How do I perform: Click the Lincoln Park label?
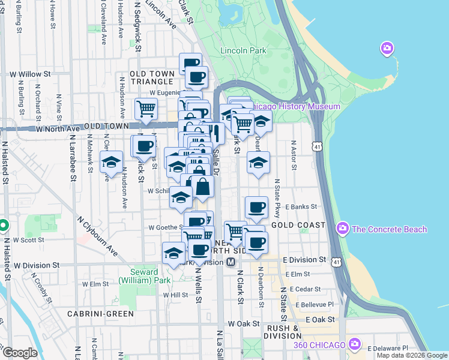tap(243, 51)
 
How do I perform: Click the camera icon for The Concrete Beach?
tap(343, 229)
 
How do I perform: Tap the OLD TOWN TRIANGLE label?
tap(152, 77)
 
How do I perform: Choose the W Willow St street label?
tap(29, 74)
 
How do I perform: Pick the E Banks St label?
tap(301, 206)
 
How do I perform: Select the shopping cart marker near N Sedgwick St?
tap(146, 109)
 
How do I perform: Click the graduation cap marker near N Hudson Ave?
tap(111, 161)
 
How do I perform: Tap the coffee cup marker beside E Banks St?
tap(256, 207)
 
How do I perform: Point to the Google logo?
tap(20, 353)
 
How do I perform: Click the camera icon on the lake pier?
tap(387, 48)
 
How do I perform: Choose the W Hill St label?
tap(175, 295)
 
